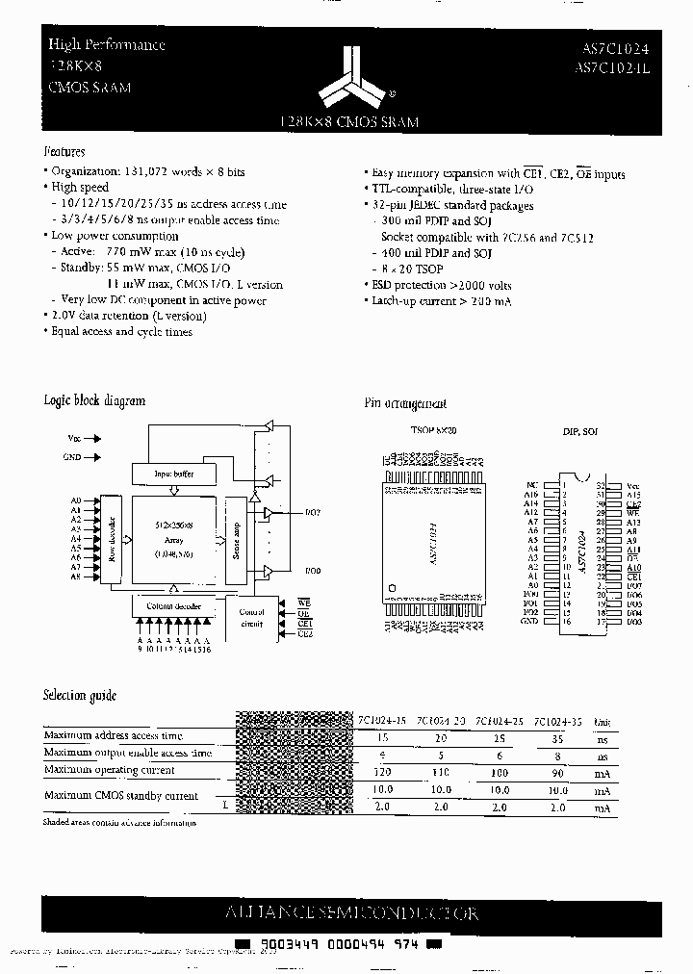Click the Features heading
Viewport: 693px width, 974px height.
65,152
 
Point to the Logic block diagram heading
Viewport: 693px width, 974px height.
94,400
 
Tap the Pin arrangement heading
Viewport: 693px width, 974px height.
405,404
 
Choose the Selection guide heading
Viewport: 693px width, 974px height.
80,695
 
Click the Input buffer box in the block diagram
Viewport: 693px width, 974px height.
173,474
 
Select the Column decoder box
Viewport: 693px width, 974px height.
173,606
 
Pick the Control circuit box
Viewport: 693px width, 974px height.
251,617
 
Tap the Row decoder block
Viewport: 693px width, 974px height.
112,541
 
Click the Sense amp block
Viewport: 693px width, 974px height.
236,541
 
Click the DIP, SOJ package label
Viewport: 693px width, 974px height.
580,433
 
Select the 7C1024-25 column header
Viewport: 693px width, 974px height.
500,721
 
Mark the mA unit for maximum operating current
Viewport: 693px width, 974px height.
602,772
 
